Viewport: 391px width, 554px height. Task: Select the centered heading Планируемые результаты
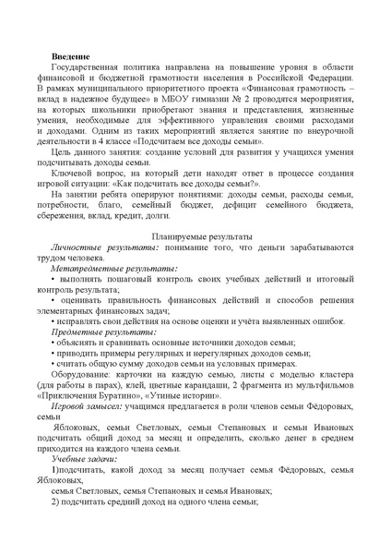195,237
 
